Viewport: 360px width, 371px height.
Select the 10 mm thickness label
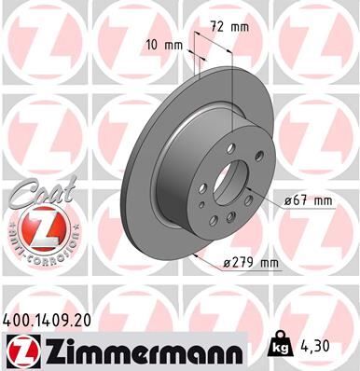164,44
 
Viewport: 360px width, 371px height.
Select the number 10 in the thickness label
155,44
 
